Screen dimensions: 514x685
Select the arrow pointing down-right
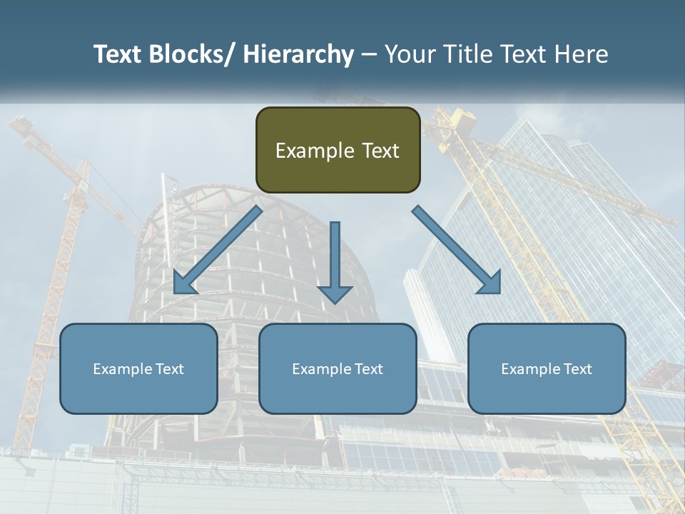click(x=457, y=250)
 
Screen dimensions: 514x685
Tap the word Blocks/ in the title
click(x=191, y=54)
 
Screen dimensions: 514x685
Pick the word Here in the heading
click(x=583, y=54)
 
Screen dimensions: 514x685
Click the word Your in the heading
click(x=412, y=54)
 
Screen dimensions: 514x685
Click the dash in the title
click(x=369, y=54)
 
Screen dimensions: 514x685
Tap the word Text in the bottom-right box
click(x=577, y=369)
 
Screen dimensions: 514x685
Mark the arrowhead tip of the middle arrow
click(x=335, y=303)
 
